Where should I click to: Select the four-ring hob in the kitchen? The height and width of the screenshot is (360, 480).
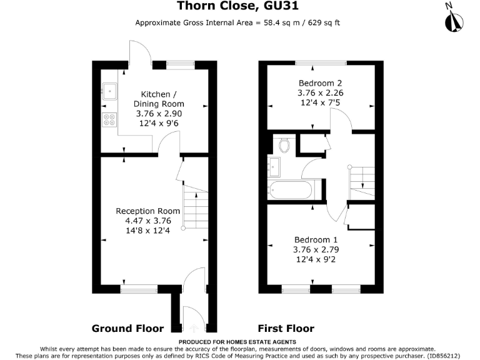point(109,119)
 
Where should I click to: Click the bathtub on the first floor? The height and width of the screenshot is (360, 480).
point(292,189)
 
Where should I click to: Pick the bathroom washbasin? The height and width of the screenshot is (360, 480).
point(274,166)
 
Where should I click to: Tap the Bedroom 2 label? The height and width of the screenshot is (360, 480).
point(320,83)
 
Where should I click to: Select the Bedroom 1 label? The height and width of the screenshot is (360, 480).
point(316,239)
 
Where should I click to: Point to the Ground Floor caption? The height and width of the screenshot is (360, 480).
point(127,328)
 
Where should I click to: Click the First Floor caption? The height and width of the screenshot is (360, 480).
point(286,328)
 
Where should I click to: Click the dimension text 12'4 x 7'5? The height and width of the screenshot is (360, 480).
point(320,102)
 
